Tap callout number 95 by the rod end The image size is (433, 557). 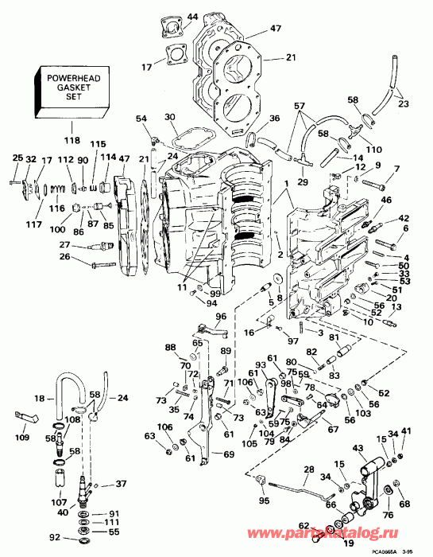263,501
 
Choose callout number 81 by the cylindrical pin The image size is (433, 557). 334,337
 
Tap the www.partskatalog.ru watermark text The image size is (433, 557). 350,527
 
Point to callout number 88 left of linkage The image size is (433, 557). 171,347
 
